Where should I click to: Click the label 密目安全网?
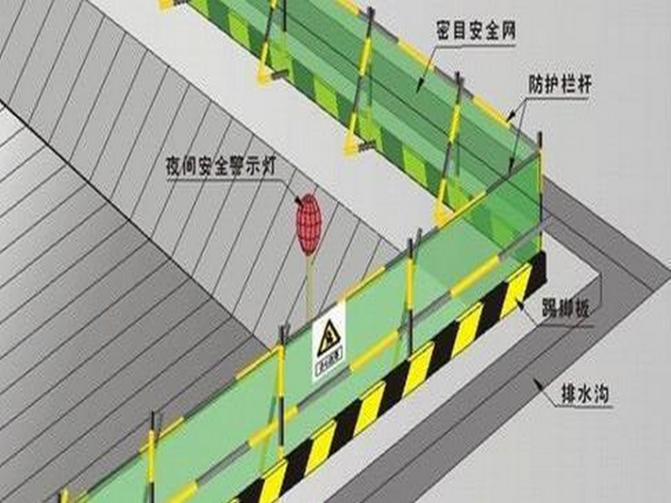tap(475, 32)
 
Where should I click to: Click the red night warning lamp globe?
tap(308, 225)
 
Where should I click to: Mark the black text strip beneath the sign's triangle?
tap(328, 362)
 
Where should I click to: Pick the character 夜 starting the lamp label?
tap(171, 164)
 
